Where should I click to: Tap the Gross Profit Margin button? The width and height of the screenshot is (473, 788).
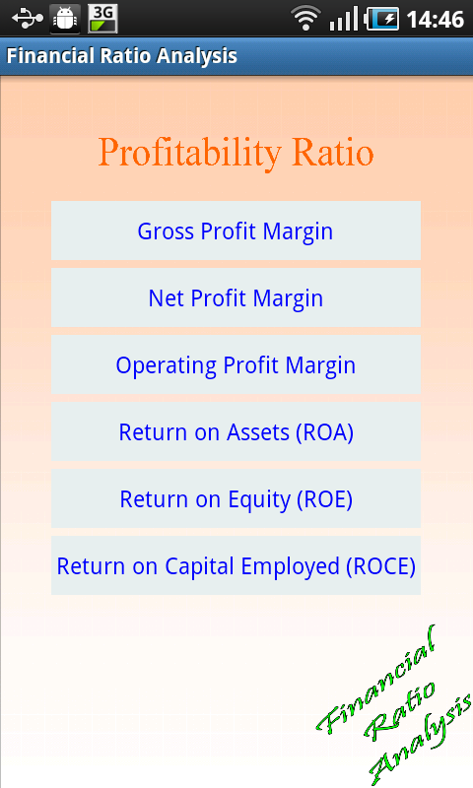pos(236,230)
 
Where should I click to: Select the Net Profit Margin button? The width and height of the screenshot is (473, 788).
pos(236,297)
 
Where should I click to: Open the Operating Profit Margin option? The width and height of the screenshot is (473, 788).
pos(236,364)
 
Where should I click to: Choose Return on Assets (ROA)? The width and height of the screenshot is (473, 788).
pos(236,431)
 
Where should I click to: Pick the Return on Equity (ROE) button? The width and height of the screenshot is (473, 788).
pos(236,498)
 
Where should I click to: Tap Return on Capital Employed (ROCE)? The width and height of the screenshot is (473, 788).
pos(236,565)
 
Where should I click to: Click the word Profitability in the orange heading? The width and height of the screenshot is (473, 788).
pos(189,154)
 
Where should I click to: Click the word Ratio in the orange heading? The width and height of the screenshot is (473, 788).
pos(333,152)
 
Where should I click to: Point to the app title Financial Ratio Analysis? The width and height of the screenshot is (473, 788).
pos(121,56)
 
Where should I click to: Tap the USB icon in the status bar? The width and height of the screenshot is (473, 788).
pos(29,19)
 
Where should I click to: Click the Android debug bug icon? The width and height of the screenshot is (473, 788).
pos(65,19)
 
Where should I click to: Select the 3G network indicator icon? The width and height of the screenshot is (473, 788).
pos(103,19)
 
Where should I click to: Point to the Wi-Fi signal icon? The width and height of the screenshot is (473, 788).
pos(305,19)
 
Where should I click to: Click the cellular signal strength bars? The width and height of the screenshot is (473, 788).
pos(344,19)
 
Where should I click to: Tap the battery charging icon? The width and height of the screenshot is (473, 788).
pos(382,19)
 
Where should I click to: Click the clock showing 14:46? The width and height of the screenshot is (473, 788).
pos(436,20)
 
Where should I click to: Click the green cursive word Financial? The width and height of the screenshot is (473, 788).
pos(377,677)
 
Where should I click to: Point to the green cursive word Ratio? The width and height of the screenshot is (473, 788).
pos(401,710)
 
